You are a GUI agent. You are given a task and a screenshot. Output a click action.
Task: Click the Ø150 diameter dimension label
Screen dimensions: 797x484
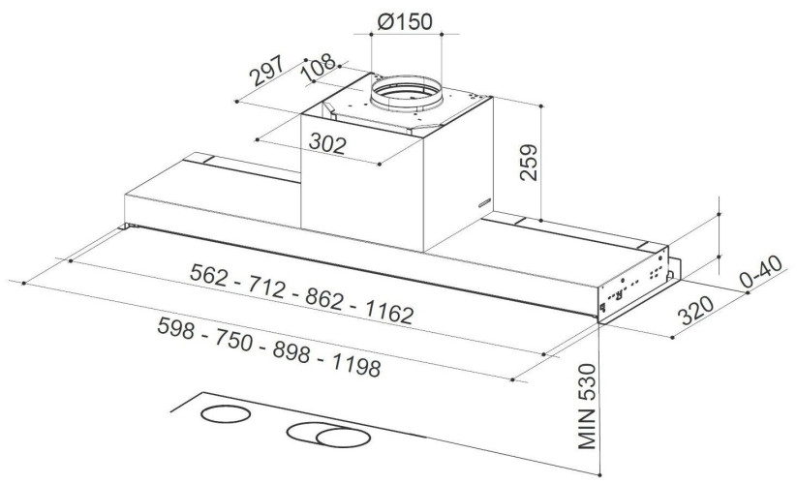[405, 21]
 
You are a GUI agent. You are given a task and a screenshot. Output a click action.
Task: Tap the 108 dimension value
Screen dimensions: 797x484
[319, 67]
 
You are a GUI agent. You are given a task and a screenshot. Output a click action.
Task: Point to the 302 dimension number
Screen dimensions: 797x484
[328, 143]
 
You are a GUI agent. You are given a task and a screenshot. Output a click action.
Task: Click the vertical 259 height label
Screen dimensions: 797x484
[529, 162]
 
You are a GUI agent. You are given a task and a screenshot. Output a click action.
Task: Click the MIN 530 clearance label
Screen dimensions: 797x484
[587, 407]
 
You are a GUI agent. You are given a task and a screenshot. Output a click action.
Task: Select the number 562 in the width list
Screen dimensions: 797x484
[208, 275]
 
